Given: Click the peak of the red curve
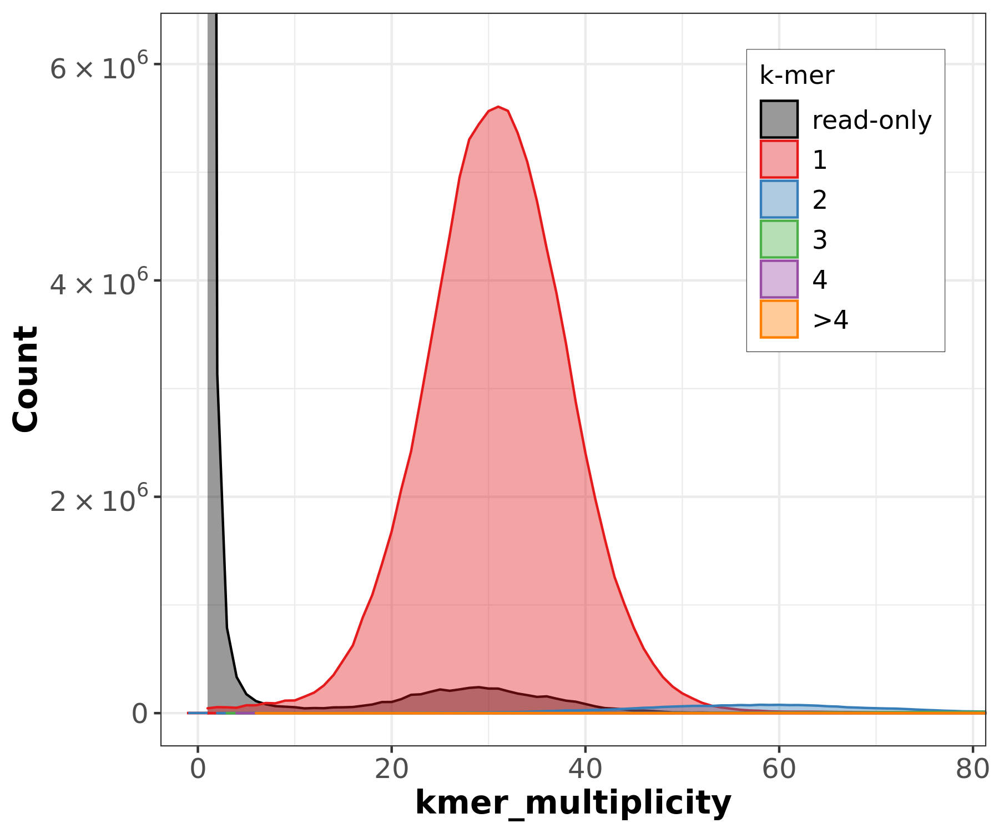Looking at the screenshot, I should coord(498,107).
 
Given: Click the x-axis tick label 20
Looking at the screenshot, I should coord(391,769).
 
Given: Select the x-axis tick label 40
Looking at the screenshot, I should coord(585,769).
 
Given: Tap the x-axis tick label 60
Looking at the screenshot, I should coord(779,769).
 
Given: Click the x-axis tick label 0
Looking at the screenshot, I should coord(198,769).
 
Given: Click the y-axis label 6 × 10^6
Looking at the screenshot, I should coord(100,67).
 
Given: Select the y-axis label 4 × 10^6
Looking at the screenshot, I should coord(100,283).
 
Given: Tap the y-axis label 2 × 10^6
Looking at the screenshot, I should coord(100,499).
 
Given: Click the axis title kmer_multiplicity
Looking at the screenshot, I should coord(573,802).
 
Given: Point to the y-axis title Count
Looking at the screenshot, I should coord(26,379).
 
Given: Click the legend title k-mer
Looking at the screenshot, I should coord(796,76).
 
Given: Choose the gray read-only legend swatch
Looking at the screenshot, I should coord(779,119).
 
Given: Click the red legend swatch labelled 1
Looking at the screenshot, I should coord(779,159).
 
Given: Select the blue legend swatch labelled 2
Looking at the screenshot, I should coord(779,199).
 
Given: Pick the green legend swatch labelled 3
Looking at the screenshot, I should coord(779,239).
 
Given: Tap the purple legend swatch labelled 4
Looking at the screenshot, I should coord(779,279).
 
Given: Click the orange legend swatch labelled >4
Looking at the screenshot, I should coord(779,319).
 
